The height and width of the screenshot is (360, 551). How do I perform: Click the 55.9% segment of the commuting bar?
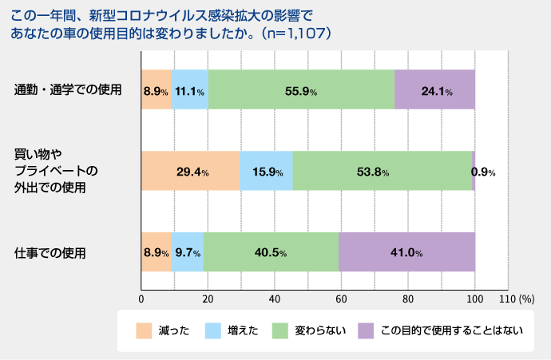click(301, 90)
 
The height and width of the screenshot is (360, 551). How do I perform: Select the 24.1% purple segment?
click(435, 90)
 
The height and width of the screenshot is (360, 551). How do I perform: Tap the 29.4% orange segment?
click(190, 172)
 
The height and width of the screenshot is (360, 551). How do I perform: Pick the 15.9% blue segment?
click(266, 172)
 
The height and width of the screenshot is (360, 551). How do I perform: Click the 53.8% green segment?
click(383, 172)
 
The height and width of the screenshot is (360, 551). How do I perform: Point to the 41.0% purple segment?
click(406, 253)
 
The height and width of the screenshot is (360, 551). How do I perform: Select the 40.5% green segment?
click(271, 253)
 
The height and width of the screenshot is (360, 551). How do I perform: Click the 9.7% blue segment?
click(187, 253)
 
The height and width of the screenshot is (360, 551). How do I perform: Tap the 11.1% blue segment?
click(189, 90)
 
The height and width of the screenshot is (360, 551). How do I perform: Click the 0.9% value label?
click(483, 172)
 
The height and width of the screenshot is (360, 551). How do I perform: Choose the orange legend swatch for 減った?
click(144, 330)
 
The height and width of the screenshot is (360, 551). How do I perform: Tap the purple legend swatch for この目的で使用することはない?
click(366, 330)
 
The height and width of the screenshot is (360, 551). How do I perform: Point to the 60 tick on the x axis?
click(341, 299)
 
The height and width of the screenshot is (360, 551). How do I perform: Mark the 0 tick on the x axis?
click(141, 299)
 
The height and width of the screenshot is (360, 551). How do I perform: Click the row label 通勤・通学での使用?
click(68, 89)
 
